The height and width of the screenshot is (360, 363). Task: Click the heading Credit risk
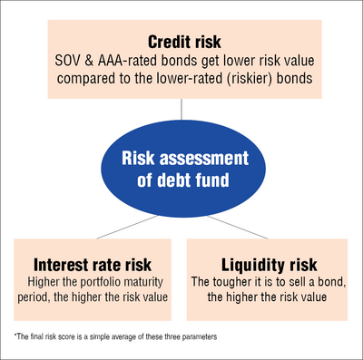pos(181,43)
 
